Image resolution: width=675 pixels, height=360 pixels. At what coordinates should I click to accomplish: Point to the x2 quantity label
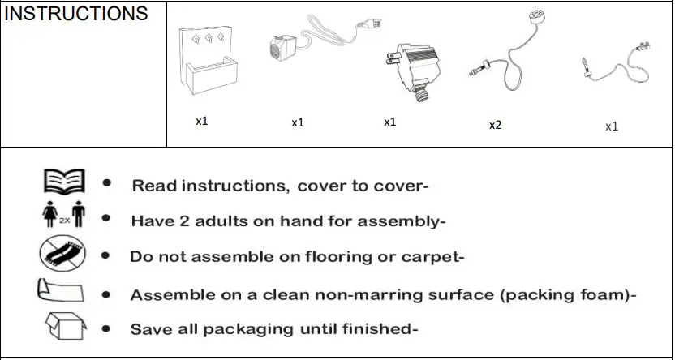click(x=495, y=126)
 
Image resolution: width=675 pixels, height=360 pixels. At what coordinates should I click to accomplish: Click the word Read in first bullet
click(x=154, y=186)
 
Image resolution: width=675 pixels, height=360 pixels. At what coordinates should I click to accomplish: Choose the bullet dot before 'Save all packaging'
click(x=106, y=329)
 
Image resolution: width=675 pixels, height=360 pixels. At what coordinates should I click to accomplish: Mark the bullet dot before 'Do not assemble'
click(x=106, y=256)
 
